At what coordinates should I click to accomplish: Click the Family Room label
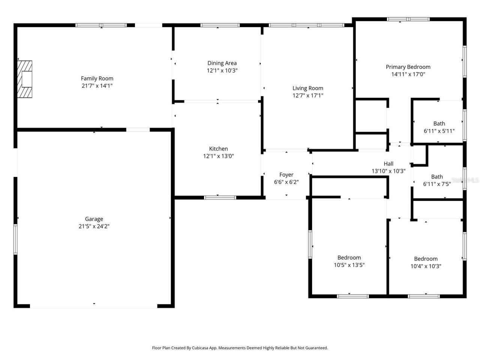(x=97, y=78)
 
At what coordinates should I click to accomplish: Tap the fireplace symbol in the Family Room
(x=25, y=79)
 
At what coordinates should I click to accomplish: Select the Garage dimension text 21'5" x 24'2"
(x=94, y=226)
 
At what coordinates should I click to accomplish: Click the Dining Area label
(x=222, y=63)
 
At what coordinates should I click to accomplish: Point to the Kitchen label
(x=218, y=148)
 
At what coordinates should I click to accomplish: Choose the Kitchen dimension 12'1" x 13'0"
(x=218, y=156)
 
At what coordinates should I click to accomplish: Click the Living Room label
(x=307, y=88)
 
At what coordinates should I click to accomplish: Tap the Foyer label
(x=286, y=175)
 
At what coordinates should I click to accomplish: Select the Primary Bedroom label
(x=408, y=67)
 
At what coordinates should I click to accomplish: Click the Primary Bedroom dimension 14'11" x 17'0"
(x=408, y=74)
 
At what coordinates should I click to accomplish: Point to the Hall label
(x=388, y=163)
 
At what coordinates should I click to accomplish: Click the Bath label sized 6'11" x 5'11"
(x=439, y=123)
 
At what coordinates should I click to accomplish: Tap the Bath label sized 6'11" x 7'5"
(x=437, y=177)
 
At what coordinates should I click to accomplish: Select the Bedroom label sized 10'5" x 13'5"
(x=349, y=258)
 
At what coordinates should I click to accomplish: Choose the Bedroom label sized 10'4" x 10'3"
(x=426, y=259)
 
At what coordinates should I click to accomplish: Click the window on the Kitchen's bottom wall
(x=220, y=197)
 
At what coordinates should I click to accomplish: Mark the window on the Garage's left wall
(x=15, y=239)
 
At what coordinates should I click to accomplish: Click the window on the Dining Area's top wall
(x=220, y=25)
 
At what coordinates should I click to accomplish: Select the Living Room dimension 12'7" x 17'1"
(x=307, y=96)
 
